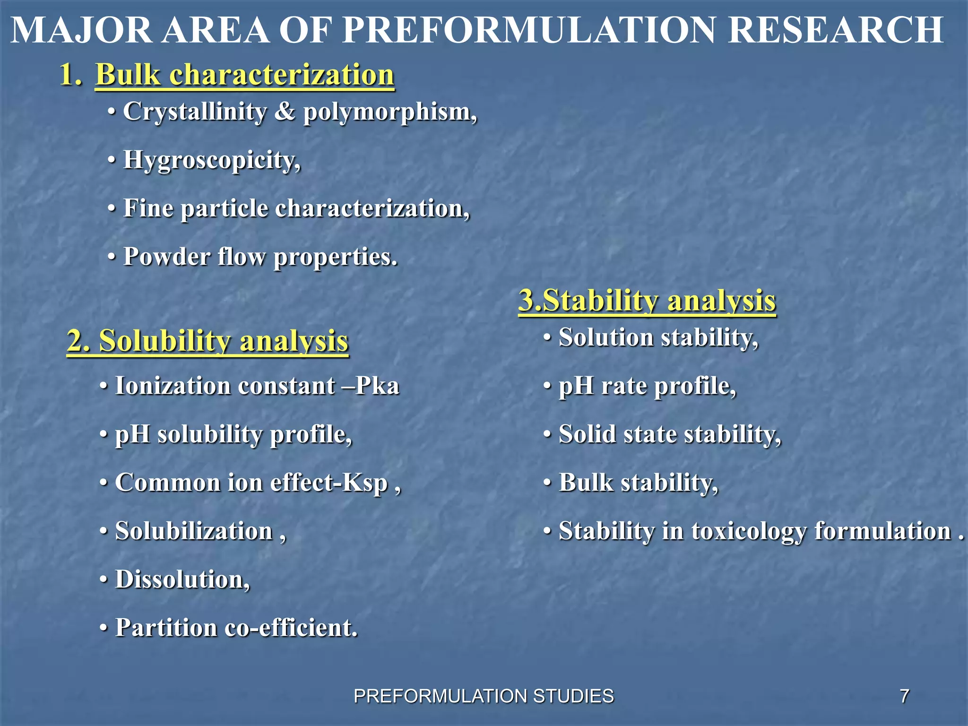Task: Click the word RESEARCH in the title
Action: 836,30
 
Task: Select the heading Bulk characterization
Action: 245,75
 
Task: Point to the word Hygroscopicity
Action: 212,160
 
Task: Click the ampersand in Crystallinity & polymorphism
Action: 285,112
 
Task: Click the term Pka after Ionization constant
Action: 377,386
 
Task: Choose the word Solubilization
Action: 194,531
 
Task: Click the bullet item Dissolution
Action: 182,579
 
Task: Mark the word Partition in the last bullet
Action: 166,628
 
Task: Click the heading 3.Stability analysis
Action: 647,301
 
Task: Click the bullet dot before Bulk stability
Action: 547,483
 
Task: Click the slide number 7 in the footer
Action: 904,696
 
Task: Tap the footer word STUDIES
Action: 573,696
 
